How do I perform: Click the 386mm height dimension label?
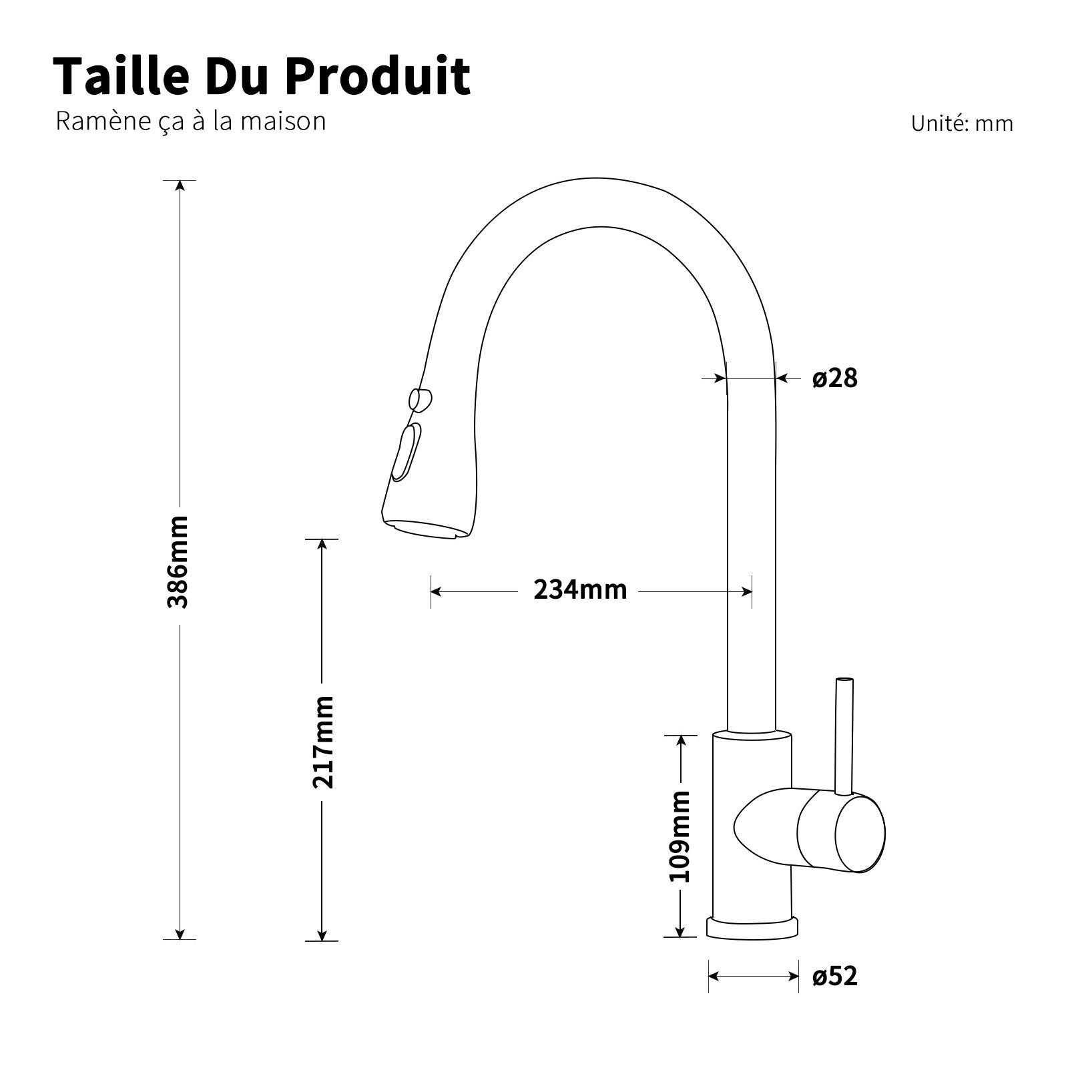click(x=178, y=561)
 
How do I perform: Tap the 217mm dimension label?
click(x=323, y=742)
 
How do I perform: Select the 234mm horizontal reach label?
click(x=580, y=590)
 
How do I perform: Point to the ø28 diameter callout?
click(x=834, y=378)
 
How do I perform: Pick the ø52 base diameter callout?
click(x=834, y=977)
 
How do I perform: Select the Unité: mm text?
click(x=962, y=123)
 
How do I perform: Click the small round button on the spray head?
click(x=420, y=399)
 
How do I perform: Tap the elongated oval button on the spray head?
click(x=407, y=452)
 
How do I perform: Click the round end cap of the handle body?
click(x=860, y=834)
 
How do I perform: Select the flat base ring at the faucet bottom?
click(x=752, y=928)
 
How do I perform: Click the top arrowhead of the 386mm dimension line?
click(x=179, y=186)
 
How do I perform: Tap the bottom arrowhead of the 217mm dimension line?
click(x=322, y=936)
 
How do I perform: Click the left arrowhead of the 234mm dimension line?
click(x=436, y=591)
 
